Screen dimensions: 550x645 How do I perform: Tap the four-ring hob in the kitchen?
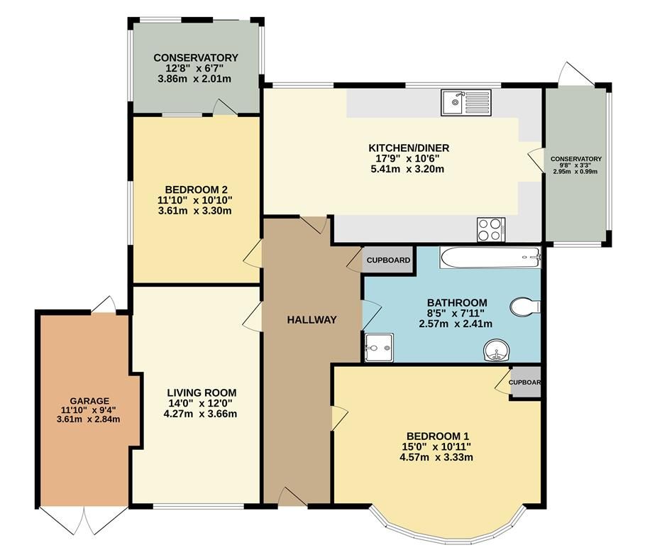(490, 229)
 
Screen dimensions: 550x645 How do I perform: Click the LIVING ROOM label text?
(202, 392)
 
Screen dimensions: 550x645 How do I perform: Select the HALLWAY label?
(312, 319)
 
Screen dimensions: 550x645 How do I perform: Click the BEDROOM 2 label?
(196, 189)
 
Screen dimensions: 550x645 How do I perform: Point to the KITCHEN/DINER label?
(409, 148)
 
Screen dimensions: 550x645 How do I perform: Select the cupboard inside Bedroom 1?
(526, 383)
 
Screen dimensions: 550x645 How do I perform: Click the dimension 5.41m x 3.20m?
(409, 169)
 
